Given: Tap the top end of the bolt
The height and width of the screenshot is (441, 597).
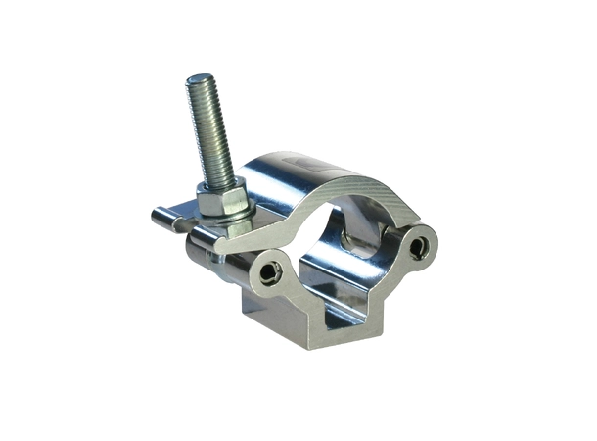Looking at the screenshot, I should [203, 81].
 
